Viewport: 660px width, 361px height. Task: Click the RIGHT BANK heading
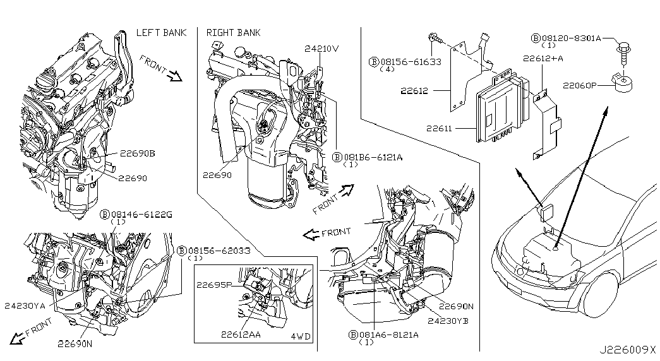233,32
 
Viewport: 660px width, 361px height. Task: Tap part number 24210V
321,48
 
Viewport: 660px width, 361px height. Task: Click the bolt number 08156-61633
411,61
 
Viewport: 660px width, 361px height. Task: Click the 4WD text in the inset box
301,336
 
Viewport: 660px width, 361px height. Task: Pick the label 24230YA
25,307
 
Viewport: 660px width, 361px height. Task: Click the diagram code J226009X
628,348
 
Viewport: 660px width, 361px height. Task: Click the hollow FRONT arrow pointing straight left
311,234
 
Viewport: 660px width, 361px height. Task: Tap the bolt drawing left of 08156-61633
435,40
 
